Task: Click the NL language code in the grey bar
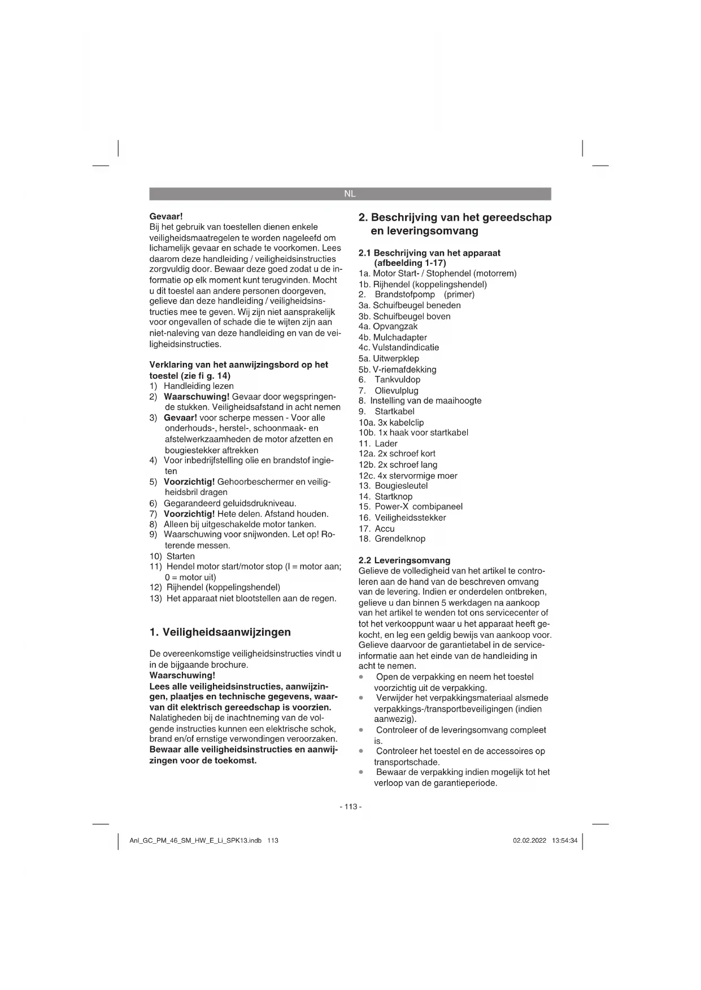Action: [x=350, y=194]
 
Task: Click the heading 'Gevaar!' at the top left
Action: [x=166, y=216]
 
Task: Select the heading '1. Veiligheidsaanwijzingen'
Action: [x=220, y=632]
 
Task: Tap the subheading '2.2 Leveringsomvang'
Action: [x=404, y=560]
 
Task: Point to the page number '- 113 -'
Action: [x=350, y=807]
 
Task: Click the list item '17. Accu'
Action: [x=377, y=528]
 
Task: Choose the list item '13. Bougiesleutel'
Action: [x=393, y=485]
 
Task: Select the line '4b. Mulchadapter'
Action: [x=393, y=338]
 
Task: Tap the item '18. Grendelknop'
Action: [x=392, y=538]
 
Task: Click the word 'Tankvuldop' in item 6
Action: [x=397, y=380]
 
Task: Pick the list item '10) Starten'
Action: [x=172, y=556]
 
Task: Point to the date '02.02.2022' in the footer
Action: [x=529, y=840]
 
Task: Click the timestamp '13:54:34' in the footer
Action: [x=564, y=840]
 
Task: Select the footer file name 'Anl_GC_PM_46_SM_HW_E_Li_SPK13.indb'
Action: [x=195, y=840]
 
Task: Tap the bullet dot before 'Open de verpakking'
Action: [x=361, y=677]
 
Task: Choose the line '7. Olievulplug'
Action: [x=389, y=391]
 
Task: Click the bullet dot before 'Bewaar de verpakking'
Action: [x=361, y=772]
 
